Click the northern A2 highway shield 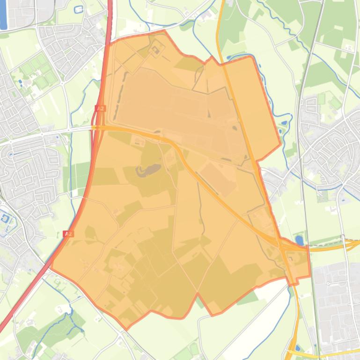click(100, 108)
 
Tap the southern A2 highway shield click(68, 233)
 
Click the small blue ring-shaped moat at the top click(78, 9)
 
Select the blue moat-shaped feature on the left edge click(6, 218)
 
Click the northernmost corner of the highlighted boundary click(164, 30)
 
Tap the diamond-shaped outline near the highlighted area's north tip click(156, 48)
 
